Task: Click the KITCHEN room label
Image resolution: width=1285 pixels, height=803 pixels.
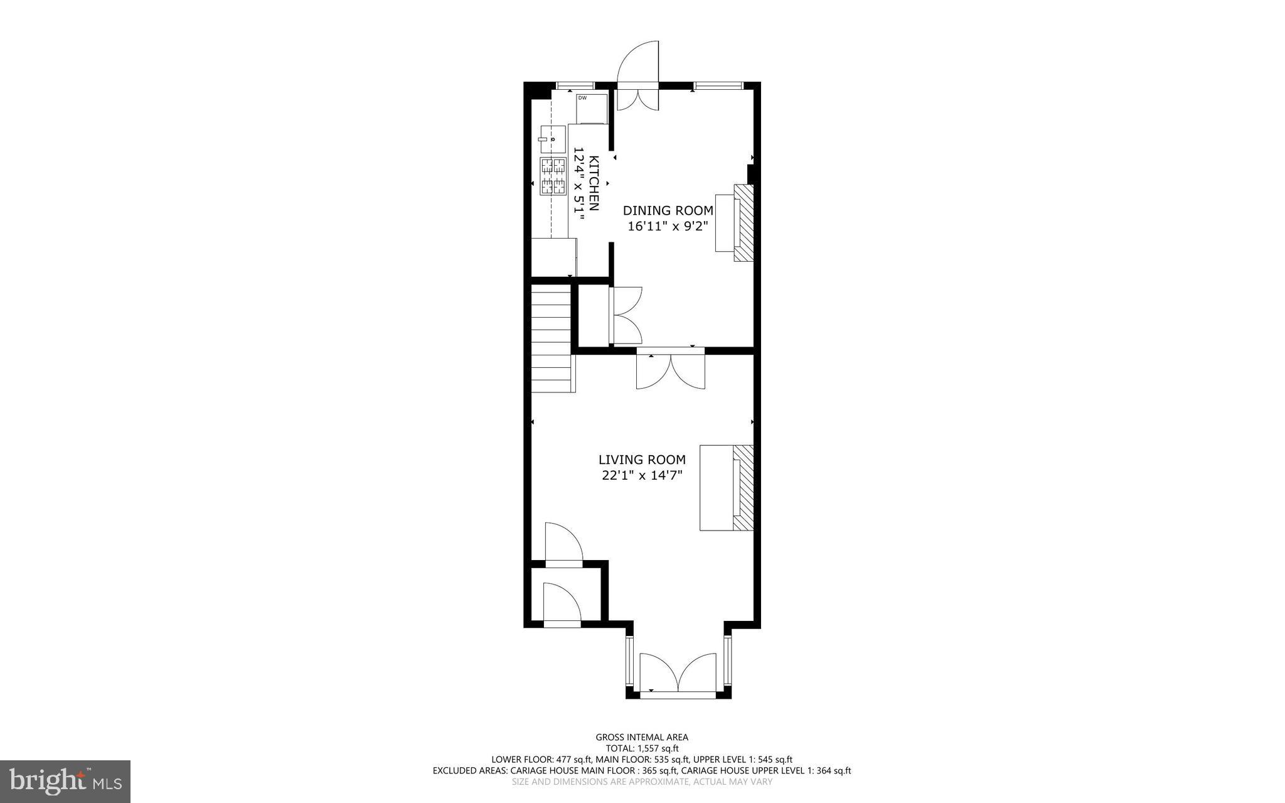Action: point(594,183)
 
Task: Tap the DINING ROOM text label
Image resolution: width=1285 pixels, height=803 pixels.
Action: point(668,211)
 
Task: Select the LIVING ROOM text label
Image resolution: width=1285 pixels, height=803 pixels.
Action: point(641,460)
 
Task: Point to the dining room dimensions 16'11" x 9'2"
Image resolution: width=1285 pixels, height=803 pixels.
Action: point(668,227)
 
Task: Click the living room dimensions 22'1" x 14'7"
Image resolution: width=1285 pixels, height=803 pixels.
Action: point(641,476)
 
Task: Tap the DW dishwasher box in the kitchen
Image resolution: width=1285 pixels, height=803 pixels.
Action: point(592,108)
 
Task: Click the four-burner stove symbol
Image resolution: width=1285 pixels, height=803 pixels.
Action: point(553,176)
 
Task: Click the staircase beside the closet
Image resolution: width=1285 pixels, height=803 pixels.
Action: point(552,339)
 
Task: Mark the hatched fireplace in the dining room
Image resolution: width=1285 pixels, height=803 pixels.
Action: point(744,222)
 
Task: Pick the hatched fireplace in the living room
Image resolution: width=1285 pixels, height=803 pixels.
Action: point(744,488)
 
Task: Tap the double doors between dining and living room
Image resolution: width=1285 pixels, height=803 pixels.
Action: point(670,372)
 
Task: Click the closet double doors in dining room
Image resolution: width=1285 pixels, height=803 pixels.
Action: point(626,315)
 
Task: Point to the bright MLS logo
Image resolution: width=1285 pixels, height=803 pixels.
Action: point(65,781)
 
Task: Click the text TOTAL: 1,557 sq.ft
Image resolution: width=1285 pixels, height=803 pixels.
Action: point(641,748)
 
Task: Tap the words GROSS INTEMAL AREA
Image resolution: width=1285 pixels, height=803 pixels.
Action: point(641,737)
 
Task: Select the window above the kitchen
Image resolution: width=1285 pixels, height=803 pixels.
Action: point(575,85)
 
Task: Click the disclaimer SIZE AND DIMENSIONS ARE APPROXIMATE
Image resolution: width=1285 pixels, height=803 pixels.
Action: point(641,782)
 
